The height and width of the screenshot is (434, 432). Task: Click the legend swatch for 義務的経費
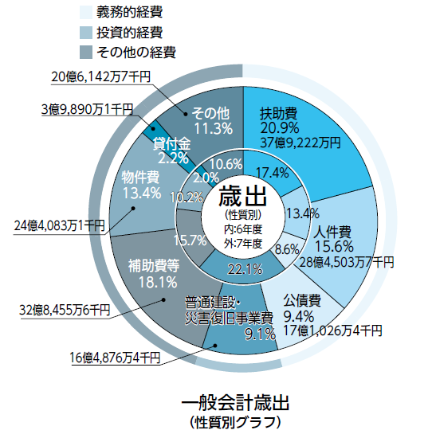point(86,13)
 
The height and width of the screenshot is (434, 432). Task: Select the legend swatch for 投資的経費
point(86,33)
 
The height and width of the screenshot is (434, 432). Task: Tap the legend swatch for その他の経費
point(86,53)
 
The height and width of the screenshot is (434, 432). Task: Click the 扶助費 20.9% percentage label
point(280,128)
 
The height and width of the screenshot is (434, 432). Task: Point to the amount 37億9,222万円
point(300,143)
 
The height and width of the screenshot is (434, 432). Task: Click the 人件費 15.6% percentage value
point(334,246)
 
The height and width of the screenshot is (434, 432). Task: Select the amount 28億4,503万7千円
point(347,262)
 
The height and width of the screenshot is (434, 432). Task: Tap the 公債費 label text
point(302,300)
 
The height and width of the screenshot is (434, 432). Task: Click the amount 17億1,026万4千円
point(332,330)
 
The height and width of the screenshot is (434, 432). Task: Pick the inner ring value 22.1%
point(245,269)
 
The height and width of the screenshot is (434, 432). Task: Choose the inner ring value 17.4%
point(272,173)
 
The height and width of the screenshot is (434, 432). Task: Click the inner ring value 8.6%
point(287,250)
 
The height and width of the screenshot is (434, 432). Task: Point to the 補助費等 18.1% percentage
point(158,283)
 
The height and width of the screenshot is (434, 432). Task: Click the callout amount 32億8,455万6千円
point(65,310)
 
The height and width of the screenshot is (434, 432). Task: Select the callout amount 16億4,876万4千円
point(115,358)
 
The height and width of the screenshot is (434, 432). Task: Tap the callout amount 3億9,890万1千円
point(88,109)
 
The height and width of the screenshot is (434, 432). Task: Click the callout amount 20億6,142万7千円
point(101,76)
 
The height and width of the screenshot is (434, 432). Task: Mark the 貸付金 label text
point(172,143)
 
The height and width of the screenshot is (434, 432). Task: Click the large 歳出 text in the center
point(242,196)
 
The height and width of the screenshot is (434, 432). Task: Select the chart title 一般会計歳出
point(236,403)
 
